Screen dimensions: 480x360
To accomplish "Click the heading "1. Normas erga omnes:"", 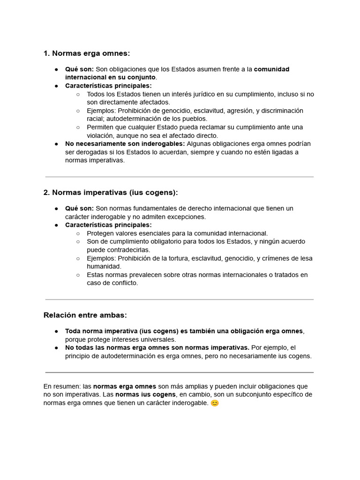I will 86,53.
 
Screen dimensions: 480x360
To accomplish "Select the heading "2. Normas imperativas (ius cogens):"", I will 111,193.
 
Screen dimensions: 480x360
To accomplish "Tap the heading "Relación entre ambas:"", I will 85,315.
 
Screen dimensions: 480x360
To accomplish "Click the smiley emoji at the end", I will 215,403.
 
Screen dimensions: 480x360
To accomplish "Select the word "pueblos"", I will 196,119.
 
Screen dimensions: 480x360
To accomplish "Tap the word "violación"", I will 100,135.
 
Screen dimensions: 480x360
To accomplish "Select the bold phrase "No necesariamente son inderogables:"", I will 125,143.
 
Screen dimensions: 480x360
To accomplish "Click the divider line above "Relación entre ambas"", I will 180,300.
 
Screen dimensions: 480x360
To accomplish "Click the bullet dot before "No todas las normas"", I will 56,348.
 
